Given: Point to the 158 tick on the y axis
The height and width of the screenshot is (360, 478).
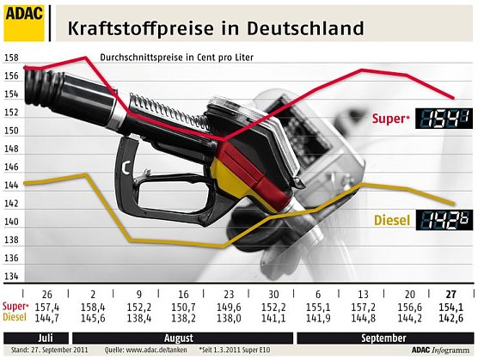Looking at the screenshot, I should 10,58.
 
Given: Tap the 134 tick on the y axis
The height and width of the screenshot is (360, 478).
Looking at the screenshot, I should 10,277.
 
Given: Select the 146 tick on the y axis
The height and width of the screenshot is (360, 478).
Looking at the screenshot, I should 10,168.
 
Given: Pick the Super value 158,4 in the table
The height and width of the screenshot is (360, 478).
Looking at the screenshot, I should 92,307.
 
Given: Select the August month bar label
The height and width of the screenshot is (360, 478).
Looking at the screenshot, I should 158,337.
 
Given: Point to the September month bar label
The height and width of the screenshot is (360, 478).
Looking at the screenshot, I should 383,337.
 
